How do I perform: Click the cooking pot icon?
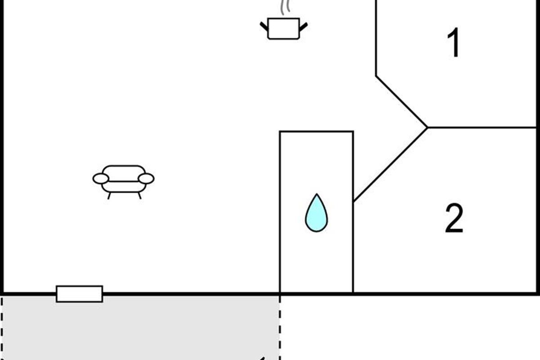point(283,28)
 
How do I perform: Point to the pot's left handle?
point(264,27)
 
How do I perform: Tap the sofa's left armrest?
point(101,179)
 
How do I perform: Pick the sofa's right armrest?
point(146,179)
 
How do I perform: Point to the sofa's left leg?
point(109,196)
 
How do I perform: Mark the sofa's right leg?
point(139,196)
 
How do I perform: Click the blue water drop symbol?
point(316,215)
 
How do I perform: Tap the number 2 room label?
point(454,218)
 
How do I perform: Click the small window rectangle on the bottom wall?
point(79,294)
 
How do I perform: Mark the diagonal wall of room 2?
point(390,165)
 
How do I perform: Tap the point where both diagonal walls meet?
point(427,127)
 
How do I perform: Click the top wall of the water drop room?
point(316,131)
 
